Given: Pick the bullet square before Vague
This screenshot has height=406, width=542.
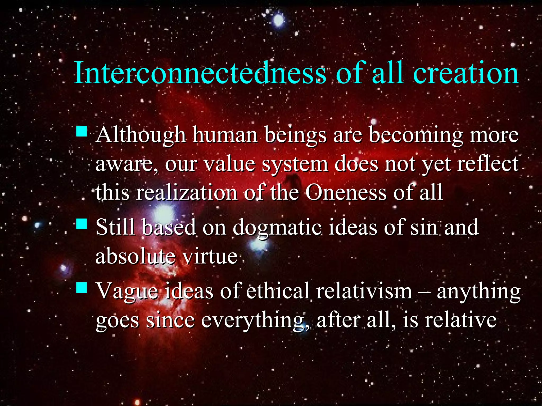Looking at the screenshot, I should point(82,287).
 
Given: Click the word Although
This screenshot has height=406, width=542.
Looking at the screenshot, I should point(141,136).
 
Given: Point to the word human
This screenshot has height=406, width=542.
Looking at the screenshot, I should point(225,136).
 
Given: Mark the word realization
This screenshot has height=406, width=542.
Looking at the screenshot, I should point(186,192).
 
